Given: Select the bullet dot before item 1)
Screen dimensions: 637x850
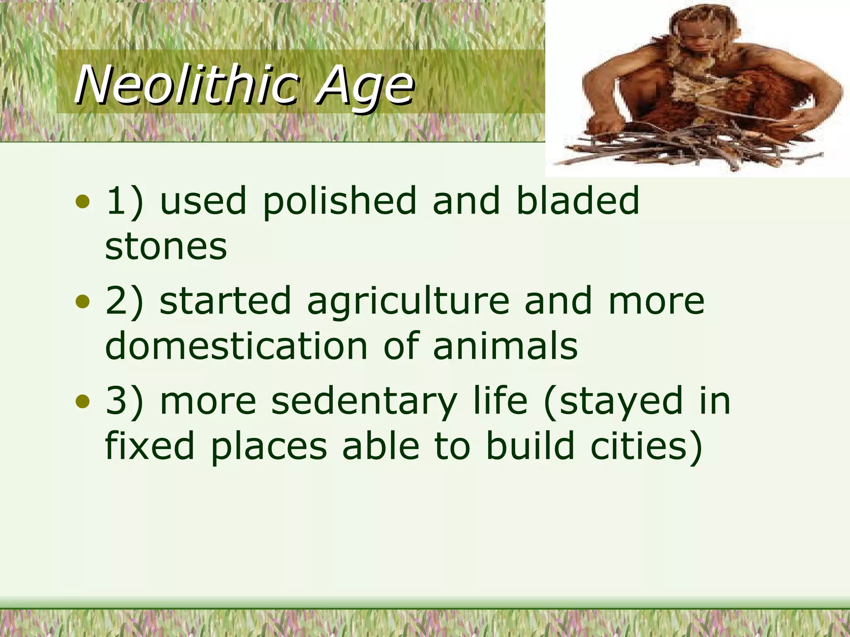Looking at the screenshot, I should [83, 202].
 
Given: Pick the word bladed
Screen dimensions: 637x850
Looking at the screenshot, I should [577, 201].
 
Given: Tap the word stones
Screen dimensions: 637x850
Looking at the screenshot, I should [166, 247].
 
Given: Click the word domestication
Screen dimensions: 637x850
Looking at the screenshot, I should [237, 346].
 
